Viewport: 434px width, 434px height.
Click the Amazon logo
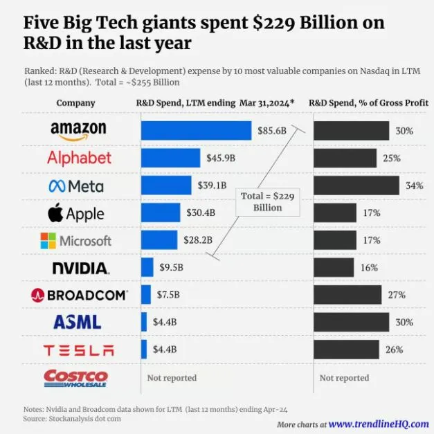point(78,129)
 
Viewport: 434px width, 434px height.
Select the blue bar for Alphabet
point(170,158)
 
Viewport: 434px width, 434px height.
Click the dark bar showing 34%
point(356,186)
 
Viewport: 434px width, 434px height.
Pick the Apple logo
point(76,213)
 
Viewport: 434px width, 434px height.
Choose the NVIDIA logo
point(80,267)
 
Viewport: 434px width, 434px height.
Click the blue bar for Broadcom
point(146,294)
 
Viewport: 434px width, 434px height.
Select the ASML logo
point(78,322)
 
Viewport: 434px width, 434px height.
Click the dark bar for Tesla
point(346,349)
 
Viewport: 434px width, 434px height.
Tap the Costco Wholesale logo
point(75,378)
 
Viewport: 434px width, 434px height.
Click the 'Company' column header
point(75,102)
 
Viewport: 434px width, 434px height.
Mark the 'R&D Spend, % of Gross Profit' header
point(368,102)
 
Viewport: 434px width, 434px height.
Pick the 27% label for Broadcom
point(397,294)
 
